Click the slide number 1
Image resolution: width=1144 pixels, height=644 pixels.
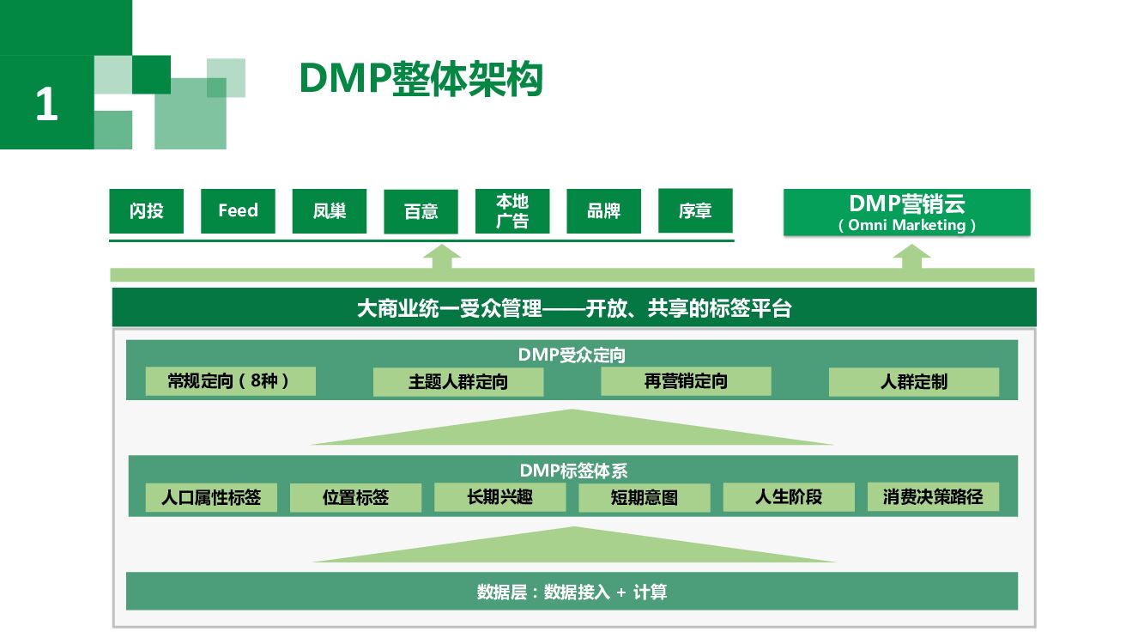coord(46,105)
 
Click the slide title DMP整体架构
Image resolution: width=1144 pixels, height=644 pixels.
coord(421,80)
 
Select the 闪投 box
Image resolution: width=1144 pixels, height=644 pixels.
coord(146,211)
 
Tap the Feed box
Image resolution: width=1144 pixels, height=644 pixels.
coord(238,211)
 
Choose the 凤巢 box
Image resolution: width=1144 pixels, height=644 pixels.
coord(330,211)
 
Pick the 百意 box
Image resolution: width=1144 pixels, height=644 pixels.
coord(421,212)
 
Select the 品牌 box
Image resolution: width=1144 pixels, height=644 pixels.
coord(603,211)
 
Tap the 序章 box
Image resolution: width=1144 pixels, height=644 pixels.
coord(695,211)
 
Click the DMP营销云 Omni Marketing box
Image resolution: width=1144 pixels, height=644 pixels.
coord(906,213)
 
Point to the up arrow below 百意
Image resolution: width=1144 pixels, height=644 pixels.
coord(442,257)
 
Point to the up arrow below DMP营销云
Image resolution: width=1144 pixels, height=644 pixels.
coord(911,257)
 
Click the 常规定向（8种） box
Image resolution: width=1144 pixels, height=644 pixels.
coord(230,381)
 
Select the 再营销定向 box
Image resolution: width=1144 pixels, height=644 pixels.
coord(686,381)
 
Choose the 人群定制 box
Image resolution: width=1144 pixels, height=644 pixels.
coord(913,382)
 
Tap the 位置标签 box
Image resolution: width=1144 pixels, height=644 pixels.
coord(355,497)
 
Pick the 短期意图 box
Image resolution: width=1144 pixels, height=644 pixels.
coord(644,497)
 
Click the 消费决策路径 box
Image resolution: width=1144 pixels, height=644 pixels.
coord(933,496)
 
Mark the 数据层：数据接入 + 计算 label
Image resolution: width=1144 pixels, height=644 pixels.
coord(572,592)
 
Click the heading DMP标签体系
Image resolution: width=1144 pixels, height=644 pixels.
coord(573,471)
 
